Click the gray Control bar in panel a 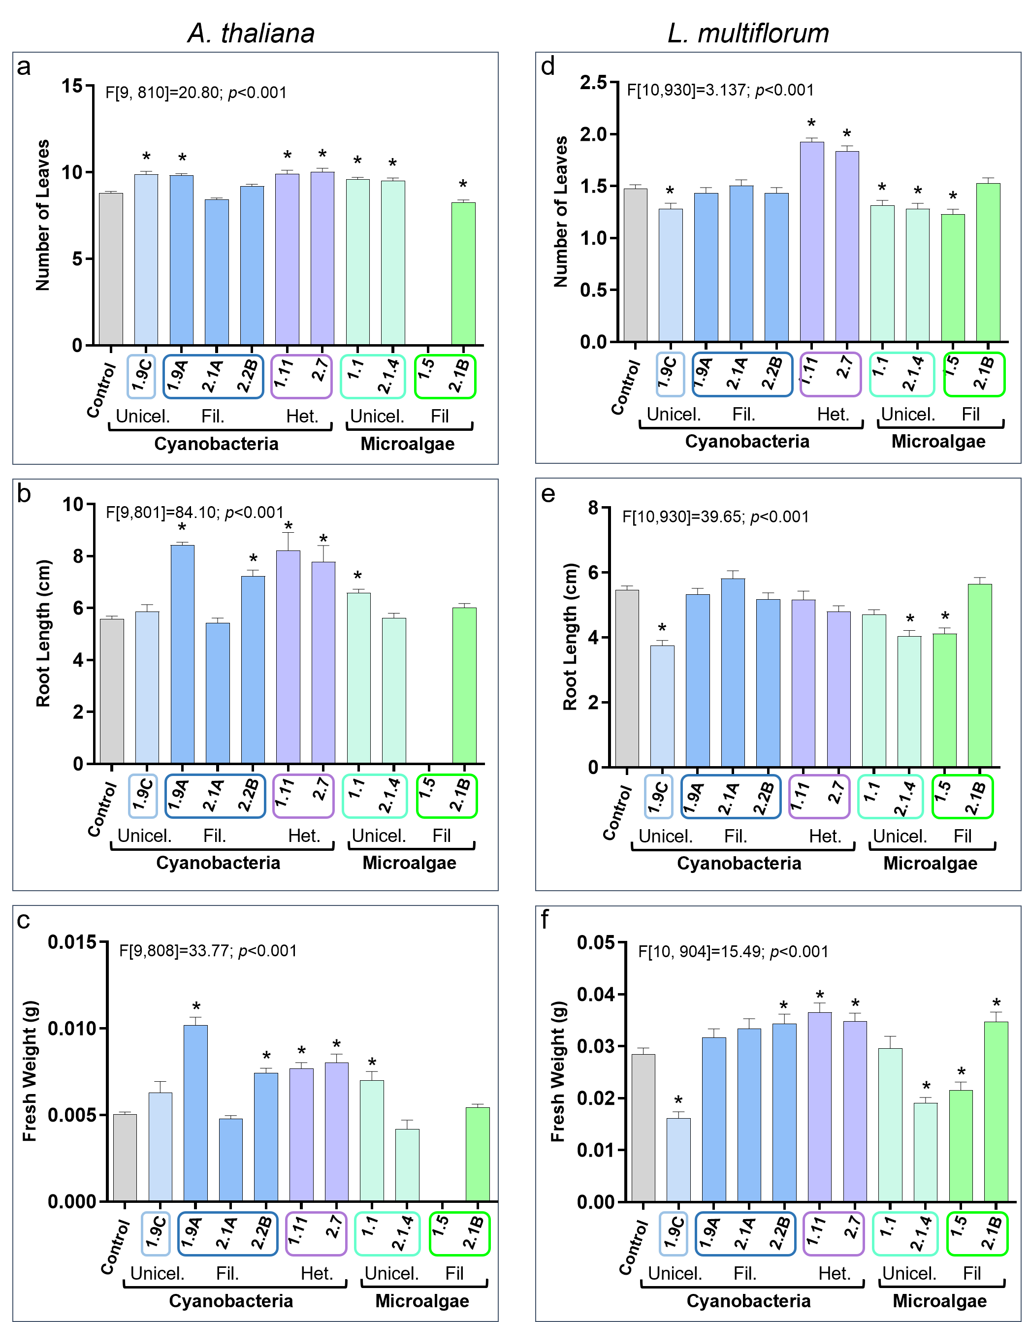(111, 269)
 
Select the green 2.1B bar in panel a (463, 274)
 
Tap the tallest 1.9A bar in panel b (182, 654)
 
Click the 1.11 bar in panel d (812, 242)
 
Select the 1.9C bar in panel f (678, 1159)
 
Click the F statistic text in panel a (195, 93)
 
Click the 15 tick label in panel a (71, 86)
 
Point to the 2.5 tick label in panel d (593, 83)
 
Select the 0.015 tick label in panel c (72, 942)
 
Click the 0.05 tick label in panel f (596, 942)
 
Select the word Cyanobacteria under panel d (747, 441)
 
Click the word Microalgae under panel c (422, 1301)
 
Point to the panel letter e (548, 494)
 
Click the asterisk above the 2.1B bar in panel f (997, 1003)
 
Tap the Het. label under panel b (303, 836)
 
